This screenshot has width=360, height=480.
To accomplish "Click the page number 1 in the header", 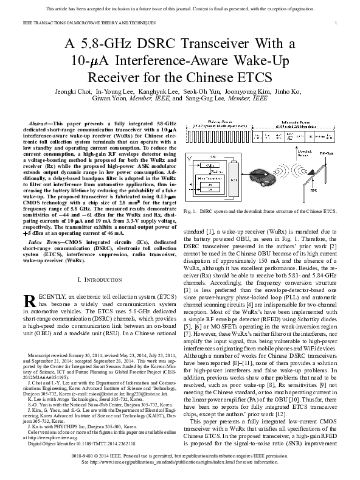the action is pyautogui.click(x=336, y=23).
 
